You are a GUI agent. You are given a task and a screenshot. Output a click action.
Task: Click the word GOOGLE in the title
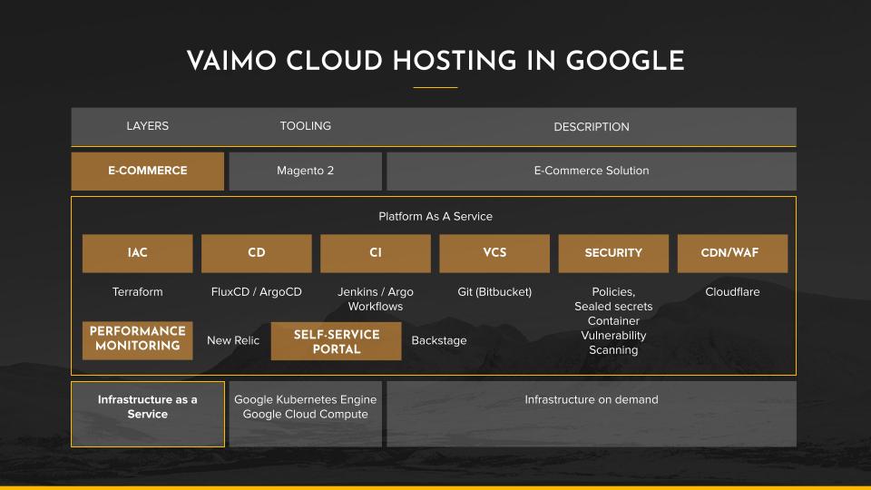coord(625,61)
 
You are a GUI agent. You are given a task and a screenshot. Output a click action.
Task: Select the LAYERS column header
coord(147,126)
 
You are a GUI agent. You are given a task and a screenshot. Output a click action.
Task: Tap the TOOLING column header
coord(306,126)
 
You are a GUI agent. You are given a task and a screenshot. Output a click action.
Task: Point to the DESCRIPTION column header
coord(592,127)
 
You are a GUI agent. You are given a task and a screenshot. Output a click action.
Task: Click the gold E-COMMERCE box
coord(148,171)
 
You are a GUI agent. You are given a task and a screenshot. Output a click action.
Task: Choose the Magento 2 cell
coord(306,171)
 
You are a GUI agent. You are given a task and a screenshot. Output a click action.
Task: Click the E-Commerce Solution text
coord(592,171)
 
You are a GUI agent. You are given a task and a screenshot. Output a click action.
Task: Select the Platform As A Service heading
coord(435,216)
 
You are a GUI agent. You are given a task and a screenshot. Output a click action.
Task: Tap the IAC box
coord(138,253)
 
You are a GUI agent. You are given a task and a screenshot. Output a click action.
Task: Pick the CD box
coord(257,253)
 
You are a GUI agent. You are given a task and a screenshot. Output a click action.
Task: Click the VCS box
coord(494,253)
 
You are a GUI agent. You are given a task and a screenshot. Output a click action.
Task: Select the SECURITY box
coord(613,253)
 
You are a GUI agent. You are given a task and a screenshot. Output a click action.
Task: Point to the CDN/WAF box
coord(733,253)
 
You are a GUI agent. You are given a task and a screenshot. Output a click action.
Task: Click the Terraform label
coord(138,291)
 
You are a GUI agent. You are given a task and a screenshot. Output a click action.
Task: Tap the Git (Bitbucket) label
coord(494,291)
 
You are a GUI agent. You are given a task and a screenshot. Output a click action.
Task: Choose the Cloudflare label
coord(733,291)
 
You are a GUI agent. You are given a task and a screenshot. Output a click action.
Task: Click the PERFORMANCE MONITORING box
coord(138,340)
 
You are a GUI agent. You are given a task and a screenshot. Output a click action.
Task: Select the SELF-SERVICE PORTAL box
coord(336,341)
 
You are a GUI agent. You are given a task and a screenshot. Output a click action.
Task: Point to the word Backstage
coord(439,340)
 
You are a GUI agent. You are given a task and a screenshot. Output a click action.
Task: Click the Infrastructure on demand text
coord(592,399)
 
